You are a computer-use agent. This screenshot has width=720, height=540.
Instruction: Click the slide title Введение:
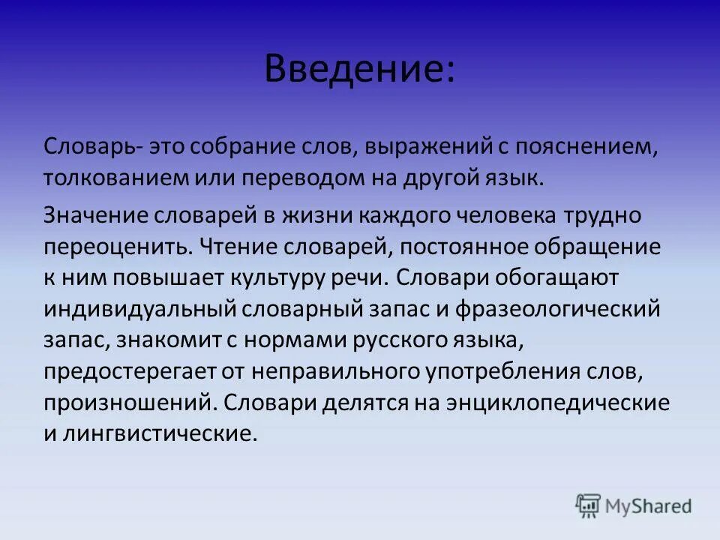[359, 70]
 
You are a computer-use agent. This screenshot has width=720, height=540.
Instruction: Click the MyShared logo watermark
[634, 505]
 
